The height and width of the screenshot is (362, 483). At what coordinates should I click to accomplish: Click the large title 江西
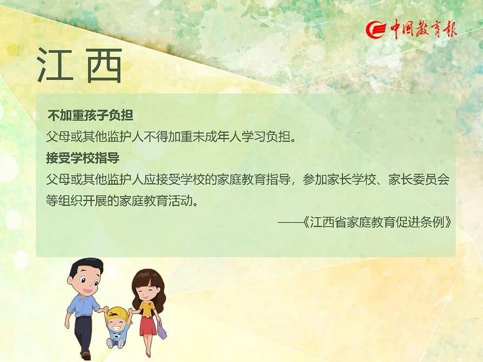tap(79, 66)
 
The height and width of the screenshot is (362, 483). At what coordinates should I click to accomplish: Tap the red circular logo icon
tap(376, 30)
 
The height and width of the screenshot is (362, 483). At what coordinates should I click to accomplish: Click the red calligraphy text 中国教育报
tap(424, 29)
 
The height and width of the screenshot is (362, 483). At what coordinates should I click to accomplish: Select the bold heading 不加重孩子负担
tap(90, 115)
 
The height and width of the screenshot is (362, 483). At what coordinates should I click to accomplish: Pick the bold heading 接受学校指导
tap(83, 158)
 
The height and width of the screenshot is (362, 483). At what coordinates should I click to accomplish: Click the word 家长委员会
tap(419, 179)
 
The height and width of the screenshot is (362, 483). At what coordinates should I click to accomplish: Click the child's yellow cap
tap(116, 314)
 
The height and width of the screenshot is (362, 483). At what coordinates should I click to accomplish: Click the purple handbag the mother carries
tap(162, 330)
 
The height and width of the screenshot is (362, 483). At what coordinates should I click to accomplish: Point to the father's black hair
tap(85, 267)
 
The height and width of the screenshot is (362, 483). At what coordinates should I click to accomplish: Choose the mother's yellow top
tap(147, 308)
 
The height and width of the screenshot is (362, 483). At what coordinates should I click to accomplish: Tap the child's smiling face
tap(118, 324)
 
